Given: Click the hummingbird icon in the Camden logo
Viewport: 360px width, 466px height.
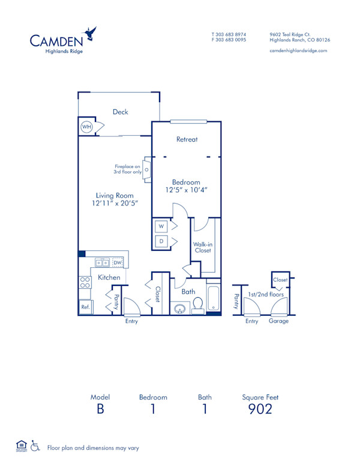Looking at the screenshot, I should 91,32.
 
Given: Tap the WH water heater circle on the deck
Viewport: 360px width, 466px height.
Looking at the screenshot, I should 86,127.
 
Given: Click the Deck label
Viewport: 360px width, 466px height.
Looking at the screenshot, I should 120,112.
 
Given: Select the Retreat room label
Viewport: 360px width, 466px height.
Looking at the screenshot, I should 187,139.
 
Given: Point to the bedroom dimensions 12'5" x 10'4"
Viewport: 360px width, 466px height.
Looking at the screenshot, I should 187,190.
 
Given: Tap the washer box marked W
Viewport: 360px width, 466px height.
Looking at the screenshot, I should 161,226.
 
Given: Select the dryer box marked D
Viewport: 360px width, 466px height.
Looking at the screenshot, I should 161,241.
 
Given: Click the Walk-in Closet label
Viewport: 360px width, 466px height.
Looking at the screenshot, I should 202,247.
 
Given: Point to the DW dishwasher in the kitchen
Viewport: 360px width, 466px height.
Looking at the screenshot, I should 118,262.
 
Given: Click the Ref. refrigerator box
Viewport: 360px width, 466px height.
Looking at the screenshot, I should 85,307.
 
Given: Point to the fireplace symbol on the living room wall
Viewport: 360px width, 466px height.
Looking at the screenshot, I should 146,170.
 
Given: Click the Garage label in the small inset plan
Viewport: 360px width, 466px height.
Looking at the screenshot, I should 278,321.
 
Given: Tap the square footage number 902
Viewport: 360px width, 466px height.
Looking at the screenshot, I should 260,409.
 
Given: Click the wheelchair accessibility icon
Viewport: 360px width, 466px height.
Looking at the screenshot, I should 35,446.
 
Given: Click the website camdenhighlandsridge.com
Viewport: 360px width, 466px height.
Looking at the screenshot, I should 298,50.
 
